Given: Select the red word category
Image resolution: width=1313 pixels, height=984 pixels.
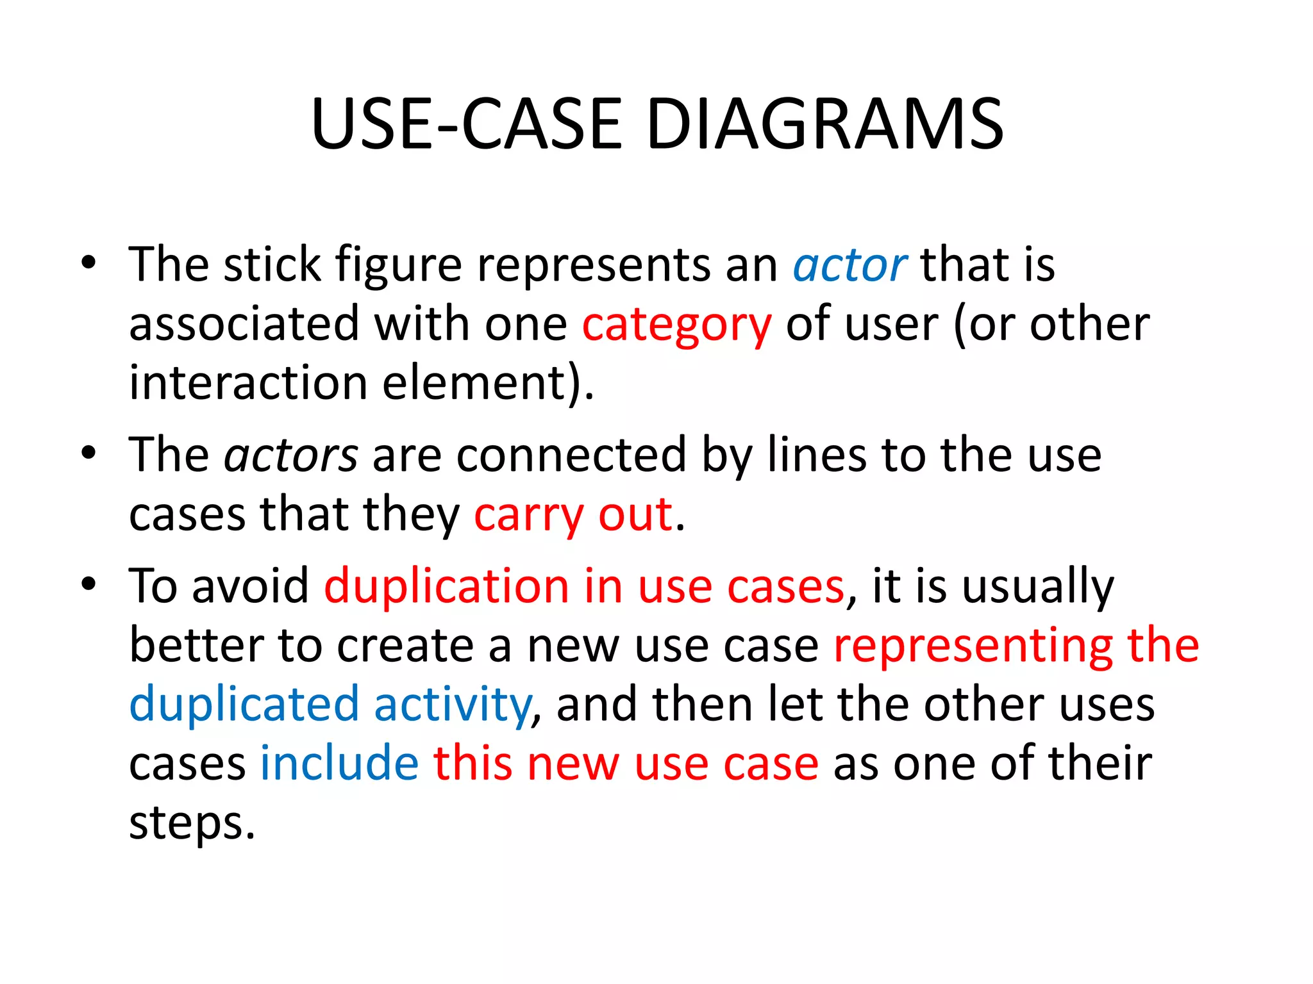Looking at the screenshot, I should point(676,325).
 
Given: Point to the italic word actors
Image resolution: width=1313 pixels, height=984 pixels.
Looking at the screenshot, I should point(291,455).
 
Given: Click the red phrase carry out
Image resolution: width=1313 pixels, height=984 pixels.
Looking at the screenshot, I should point(573,514).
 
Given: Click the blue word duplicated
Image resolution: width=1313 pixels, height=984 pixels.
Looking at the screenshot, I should point(244,704).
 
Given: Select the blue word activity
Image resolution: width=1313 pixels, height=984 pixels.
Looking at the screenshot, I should point(453,704).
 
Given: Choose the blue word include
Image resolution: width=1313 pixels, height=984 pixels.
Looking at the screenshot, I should point(339,763).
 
